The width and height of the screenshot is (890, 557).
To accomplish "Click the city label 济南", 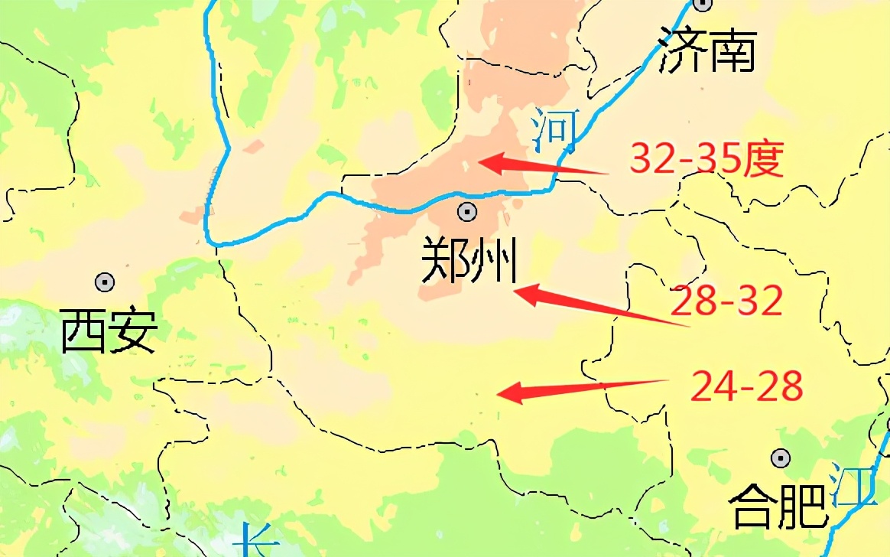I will pos(708,51).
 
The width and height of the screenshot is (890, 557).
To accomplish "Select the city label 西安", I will pos(109,331).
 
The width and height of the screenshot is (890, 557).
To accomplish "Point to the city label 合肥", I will pos(778,506).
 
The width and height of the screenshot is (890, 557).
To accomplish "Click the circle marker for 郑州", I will pos(466,212).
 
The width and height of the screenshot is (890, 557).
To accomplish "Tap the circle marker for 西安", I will pos(105,282).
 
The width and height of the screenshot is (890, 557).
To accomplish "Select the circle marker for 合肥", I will pos(780,458).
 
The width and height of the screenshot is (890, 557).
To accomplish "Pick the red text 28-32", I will pos(726,301).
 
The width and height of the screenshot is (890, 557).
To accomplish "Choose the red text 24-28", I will pos(746,386).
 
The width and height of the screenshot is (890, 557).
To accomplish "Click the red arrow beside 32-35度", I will pos(543,165).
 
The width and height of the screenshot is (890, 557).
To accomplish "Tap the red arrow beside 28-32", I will pos(600,306).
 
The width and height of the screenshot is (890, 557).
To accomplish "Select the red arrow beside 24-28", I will pos(581,389).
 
